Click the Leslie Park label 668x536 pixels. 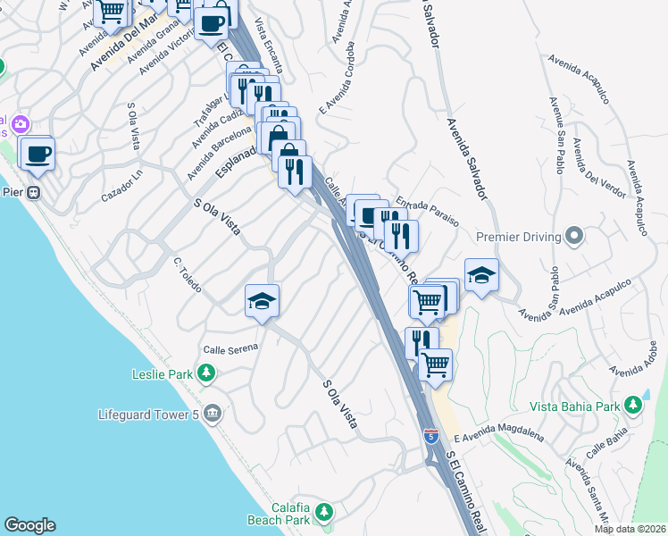[162, 373]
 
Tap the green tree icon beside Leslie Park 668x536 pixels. [206, 373]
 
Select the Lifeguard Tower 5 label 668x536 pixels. [148, 415]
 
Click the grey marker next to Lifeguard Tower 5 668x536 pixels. [213, 414]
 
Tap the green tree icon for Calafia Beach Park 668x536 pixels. [323, 512]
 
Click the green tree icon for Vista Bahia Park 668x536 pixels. [633, 406]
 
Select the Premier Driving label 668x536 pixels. [519, 238]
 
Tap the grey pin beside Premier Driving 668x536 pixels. [574, 237]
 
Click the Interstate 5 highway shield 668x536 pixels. [430, 437]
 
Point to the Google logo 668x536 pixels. [29, 525]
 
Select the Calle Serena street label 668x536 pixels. [230, 348]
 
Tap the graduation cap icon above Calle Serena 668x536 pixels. [263, 301]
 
